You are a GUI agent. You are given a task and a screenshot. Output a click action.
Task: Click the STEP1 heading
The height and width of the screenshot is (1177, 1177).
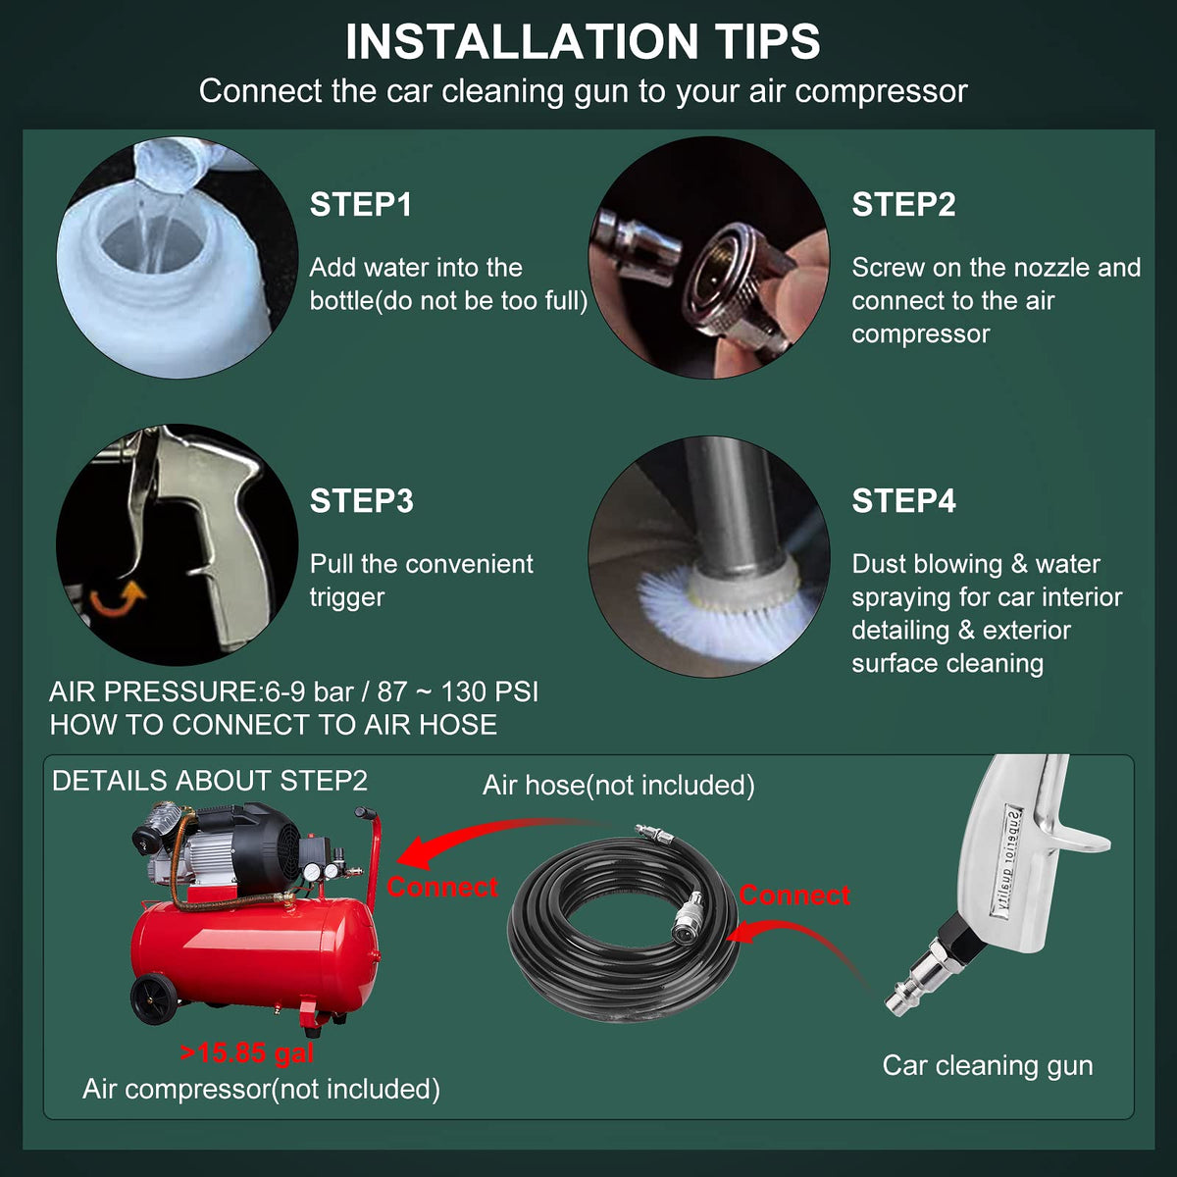pos(360,204)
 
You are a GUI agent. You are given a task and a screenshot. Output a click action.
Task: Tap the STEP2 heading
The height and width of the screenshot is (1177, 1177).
pos(903,204)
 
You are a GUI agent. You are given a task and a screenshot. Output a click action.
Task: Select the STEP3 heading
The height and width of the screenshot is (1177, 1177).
pos(362,501)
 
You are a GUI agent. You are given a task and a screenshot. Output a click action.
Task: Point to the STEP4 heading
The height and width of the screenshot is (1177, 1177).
pos(903,501)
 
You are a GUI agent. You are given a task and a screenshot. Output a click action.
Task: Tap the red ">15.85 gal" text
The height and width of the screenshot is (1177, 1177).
pos(247,1052)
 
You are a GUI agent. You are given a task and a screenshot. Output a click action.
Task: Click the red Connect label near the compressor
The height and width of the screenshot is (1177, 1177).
pos(442,887)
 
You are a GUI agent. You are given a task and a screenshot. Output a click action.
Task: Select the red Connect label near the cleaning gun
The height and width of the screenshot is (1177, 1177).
pos(794,896)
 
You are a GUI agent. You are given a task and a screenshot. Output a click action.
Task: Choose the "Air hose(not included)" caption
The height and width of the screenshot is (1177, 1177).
pos(618,785)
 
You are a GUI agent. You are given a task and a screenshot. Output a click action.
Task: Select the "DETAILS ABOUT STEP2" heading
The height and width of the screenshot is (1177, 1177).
pos(210,781)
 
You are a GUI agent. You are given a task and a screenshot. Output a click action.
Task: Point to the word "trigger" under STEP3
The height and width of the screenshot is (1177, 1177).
pos(347,598)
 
